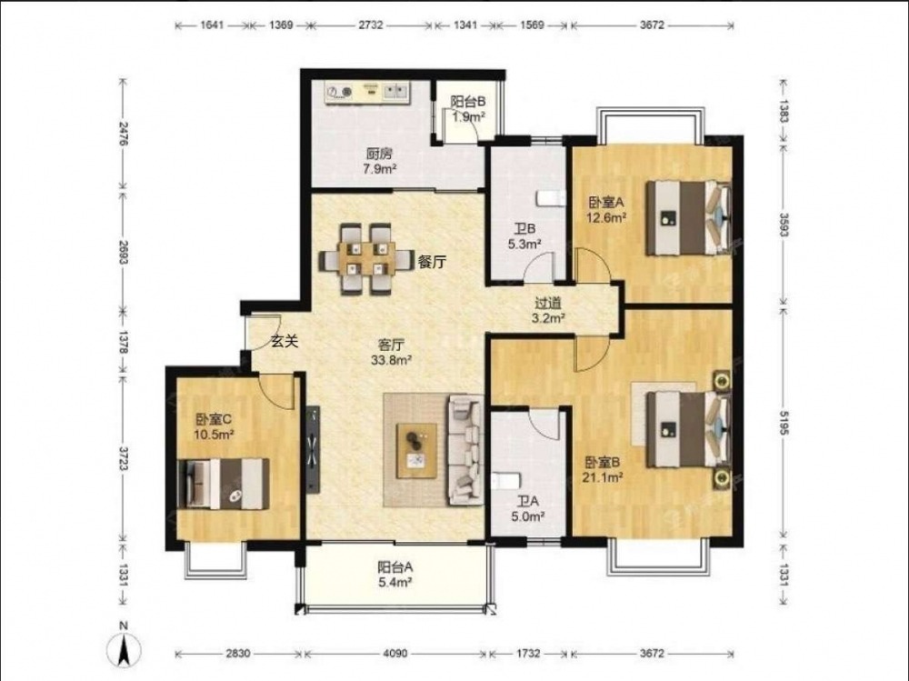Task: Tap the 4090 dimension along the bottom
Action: (395, 654)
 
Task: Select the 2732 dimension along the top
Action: (371, 25)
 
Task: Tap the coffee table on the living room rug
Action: (416, 451)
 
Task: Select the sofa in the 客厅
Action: (464, 449)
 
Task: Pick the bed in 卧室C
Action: (224, 484)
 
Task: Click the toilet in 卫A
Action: (506, 482)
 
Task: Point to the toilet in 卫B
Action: (550, 198)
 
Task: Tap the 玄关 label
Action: (285, 342)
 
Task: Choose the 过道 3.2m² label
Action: (548, 310)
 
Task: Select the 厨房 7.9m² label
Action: (380, 161)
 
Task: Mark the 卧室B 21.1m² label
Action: (604, 470)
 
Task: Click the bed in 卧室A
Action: (688, 217)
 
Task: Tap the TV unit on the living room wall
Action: (314, 448)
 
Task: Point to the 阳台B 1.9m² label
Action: (468, 109)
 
